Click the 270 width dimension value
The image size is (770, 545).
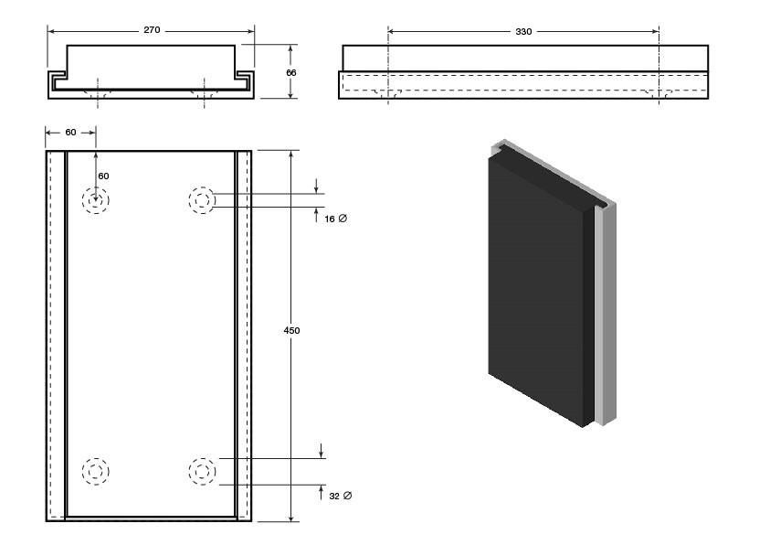[x=152, y=30]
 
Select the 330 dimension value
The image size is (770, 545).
[x=523, y=31]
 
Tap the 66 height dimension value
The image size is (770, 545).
[x=291, y=73]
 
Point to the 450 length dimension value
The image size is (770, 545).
[x=291, y=331]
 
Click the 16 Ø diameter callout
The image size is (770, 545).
[x=336, y=219]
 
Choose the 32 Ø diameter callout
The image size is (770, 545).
[x=341, y=497]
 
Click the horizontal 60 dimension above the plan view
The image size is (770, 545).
[x=70, y=133]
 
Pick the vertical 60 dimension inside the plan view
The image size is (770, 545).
[x=103, y=176]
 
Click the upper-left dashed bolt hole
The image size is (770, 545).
[x=95, y=200]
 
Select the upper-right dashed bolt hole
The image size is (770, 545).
[x=202, y=200]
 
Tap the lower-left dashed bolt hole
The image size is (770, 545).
[x=95, y=471]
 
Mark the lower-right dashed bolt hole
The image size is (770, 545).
[x=202, y=471]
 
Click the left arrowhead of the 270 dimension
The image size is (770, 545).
[x=50, y=31]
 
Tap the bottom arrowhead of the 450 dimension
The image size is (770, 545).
[x=291, y=518]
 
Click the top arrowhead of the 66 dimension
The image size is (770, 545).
[x=291, y=48]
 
